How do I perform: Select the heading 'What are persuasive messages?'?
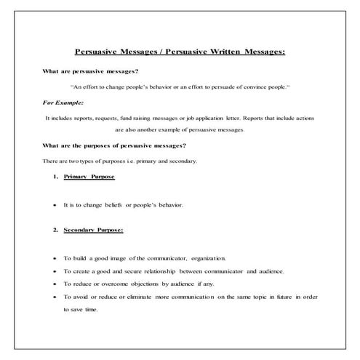tap(91, 71)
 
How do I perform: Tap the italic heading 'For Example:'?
tap(63, 103)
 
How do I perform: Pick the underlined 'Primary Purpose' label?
tap(89, 177)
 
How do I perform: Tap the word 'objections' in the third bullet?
tap(142, 284)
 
